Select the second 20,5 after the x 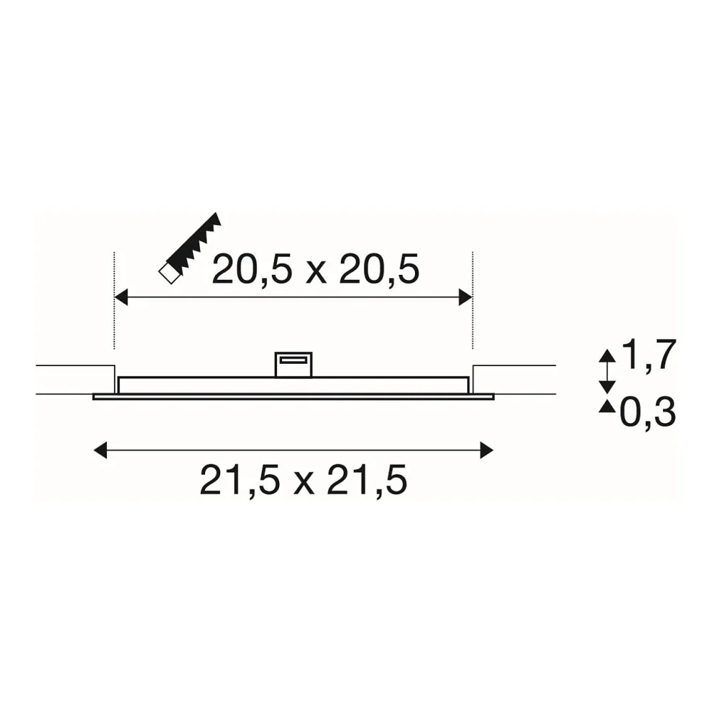tap(379, 270)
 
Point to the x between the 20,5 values tap(316, 273)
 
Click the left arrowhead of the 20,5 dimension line tap(121, 298)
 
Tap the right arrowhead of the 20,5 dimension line tap(466, 298)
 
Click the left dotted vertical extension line tap(114, 300)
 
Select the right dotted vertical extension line tap(473, 300)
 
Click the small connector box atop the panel tap(294, 365)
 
